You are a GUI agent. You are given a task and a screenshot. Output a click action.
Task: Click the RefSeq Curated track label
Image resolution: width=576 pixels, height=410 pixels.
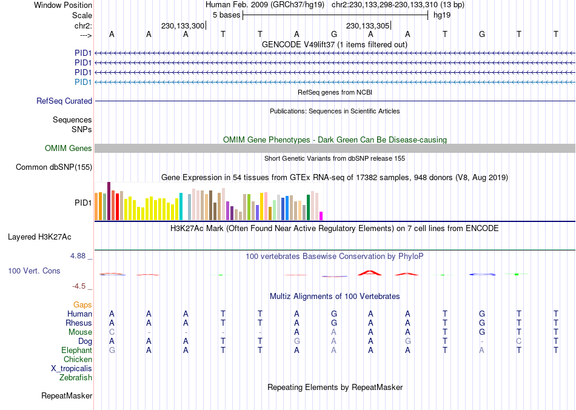(x=64, y=101)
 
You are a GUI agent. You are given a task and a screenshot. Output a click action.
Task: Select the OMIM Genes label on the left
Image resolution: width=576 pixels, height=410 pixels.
(x=69, y=149)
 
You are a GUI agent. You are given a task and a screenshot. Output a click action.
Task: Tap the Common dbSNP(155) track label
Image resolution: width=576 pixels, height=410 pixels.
(x=54, y=167)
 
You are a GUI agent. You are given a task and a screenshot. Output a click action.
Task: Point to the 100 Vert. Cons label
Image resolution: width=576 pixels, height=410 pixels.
(x=34, y=271)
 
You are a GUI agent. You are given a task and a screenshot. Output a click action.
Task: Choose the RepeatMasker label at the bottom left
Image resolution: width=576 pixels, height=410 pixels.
(x=67, y=396)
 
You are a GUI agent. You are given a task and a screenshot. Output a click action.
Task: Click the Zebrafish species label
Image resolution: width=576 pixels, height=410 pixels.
(x=76, y=378)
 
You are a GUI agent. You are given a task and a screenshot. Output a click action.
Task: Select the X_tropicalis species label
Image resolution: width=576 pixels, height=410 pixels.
(x=72, y=369)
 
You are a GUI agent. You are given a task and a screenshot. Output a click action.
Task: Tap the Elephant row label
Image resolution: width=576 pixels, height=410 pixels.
(x=77, y=351)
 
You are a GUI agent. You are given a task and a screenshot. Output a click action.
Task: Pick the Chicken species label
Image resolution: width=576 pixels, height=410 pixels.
(x=78, y=360)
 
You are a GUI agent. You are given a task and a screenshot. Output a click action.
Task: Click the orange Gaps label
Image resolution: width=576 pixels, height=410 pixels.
(x=82, y=304)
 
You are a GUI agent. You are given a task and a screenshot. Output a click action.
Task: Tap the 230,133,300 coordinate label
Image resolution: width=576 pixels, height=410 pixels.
(x=183, y=26)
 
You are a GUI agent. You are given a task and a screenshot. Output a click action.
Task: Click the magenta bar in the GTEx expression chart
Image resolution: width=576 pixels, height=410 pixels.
(x=321, y=215)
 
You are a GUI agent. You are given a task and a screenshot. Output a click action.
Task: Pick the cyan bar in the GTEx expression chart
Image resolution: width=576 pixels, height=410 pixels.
(x=181, y=206)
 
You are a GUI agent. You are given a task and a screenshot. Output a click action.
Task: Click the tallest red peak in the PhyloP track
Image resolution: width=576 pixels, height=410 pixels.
(x=369, y=272)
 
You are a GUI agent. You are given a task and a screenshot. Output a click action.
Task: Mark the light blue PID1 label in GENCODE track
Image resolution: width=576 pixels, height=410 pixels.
(x=83, y=82)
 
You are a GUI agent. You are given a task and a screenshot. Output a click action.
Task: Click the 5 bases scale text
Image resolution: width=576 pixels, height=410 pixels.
(x=226, y=15)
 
